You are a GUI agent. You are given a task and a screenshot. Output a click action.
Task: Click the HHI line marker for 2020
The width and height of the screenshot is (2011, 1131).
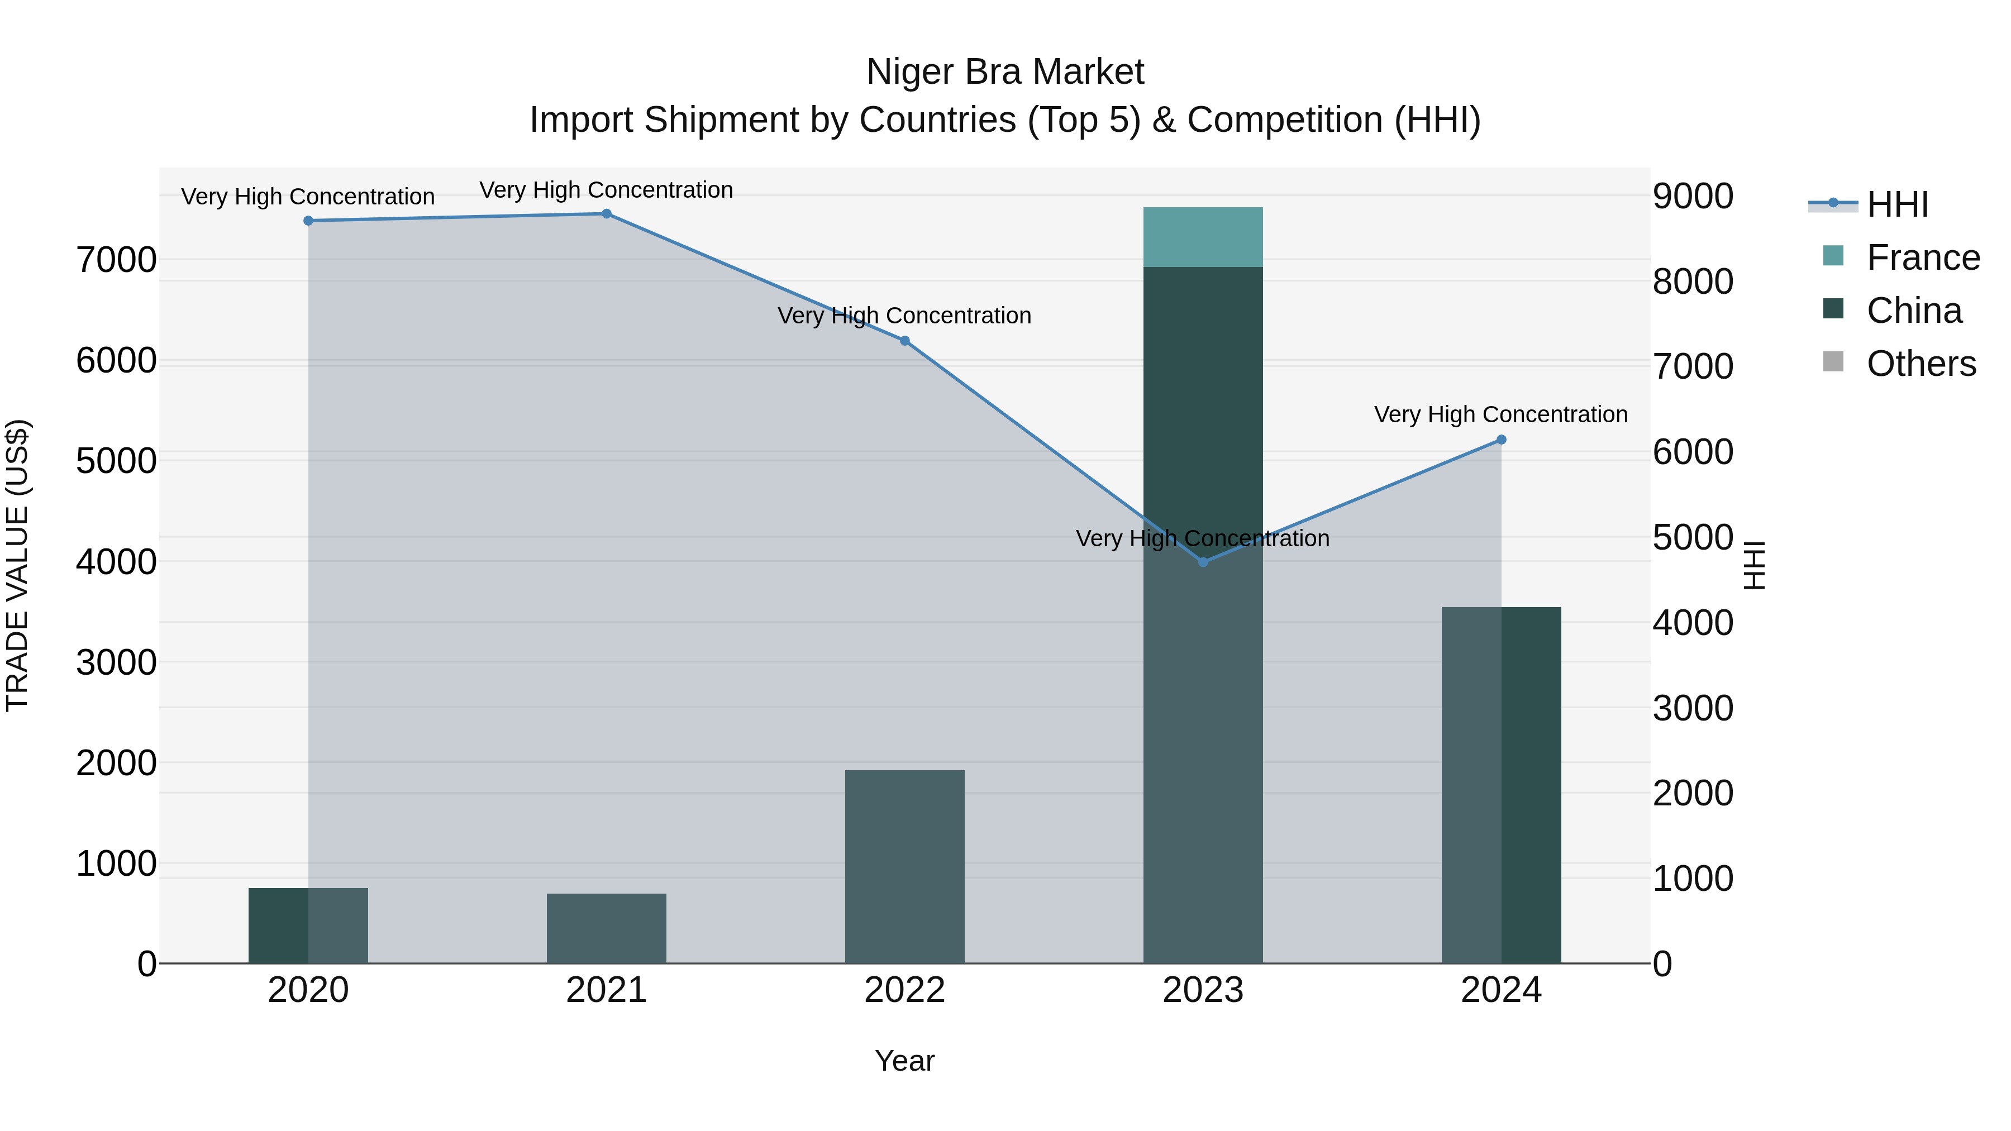(x=308, y=221)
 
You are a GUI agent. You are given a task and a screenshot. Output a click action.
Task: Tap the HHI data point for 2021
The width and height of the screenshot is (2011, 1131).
(x=607, y=214)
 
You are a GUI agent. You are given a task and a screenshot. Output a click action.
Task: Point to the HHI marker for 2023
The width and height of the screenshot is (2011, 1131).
(x=1203, y=562)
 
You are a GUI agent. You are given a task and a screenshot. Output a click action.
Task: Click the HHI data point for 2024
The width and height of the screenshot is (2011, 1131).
(x=1501, y=440)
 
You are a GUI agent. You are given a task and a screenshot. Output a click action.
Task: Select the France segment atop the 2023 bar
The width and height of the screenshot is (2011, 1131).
(x=1203, y=237)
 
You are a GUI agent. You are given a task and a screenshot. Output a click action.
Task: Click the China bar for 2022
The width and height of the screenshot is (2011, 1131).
(x=905, y=866)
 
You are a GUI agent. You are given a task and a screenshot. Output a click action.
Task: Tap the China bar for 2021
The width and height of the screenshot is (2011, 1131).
(x=607, y=928)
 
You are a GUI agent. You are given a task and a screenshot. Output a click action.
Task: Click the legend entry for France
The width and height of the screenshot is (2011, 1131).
(x=1923, y=257)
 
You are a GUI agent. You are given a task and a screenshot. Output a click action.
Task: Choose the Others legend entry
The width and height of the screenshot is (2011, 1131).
(x=1921, y=364)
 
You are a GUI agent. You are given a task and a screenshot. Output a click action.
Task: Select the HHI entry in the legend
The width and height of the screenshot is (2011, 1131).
(x=1897, y=204)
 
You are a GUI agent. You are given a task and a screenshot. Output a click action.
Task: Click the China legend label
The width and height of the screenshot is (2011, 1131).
(x=1914, y=311)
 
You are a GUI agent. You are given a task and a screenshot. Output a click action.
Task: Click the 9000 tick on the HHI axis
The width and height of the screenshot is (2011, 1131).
(x=1693, y=196)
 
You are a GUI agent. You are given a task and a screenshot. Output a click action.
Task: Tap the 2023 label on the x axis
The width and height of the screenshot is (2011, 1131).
(x=1203, y=990)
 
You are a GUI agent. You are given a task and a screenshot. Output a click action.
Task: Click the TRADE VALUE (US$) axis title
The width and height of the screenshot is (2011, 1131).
(x=17, y=565)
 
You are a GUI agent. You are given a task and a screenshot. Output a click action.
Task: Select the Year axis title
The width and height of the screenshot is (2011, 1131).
(x=905, y=1061)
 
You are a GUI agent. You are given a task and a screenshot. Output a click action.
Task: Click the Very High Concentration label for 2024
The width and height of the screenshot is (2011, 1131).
(x=1500, y=414)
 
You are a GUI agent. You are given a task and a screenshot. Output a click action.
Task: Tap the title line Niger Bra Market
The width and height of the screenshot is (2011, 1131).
(x=1005, y=72)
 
